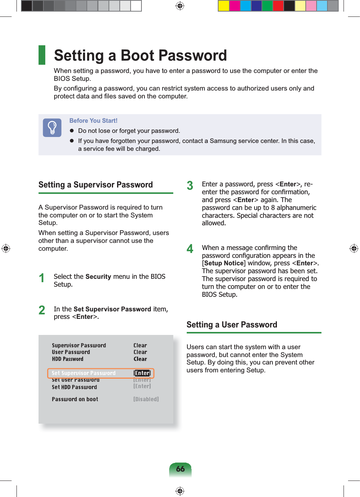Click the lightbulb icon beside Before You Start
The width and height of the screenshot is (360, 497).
52,128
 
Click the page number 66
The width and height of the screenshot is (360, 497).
180,469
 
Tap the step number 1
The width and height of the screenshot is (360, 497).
42,278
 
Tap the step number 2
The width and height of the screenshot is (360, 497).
42,310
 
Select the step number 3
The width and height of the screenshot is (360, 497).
190,186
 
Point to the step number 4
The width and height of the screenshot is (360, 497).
190,249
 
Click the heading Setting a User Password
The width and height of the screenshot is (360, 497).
232,324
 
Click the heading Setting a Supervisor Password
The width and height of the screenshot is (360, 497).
95,185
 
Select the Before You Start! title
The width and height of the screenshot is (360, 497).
93,121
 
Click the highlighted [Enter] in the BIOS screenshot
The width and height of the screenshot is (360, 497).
142,373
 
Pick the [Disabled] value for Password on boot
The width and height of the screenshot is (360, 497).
146,399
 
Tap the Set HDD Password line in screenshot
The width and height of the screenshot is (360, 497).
74,387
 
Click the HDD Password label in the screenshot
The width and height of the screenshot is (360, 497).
67,359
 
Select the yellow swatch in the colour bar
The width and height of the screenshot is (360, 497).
224,6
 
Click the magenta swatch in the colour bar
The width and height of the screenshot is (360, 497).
235,6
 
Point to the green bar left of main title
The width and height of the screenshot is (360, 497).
42,55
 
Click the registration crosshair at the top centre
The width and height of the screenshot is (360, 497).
180,6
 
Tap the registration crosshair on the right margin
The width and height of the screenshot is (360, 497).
354,248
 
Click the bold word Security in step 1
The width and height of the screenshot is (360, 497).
98,277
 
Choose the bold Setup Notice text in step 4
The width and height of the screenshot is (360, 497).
224,263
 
